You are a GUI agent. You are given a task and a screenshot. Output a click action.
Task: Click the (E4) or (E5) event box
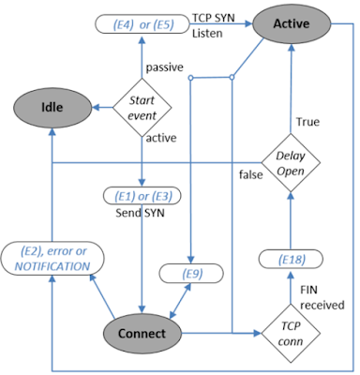(140, 22)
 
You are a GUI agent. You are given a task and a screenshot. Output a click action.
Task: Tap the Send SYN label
(139, 214)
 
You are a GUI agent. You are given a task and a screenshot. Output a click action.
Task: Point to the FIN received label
(315, 295)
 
